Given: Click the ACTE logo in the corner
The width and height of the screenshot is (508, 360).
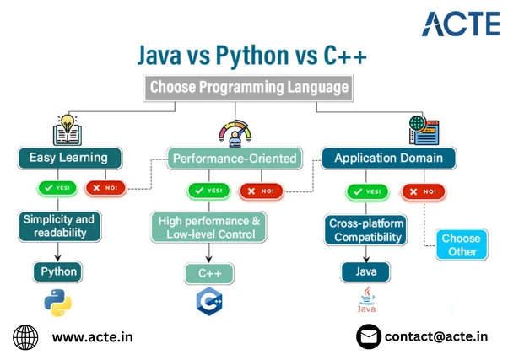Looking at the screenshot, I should click(460, 23).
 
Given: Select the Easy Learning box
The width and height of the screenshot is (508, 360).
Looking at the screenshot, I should click(71, 158).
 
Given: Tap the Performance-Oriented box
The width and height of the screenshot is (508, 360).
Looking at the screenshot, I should click(234, 158).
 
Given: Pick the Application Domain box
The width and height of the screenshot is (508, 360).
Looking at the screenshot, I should click(388, 158).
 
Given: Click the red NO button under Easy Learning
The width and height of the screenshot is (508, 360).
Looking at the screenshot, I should click(105, 187).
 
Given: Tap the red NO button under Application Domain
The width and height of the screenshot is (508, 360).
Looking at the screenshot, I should click(423, 191).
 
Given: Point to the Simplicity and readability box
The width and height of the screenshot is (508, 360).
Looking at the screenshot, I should click(58, 225).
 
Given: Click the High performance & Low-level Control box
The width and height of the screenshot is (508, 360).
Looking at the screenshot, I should click(209, 227).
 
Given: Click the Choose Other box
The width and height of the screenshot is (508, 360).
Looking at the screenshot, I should click(461, 244).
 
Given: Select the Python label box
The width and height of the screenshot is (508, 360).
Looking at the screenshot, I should click(59, 271).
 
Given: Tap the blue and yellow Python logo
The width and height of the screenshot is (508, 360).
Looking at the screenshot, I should click(58, 303).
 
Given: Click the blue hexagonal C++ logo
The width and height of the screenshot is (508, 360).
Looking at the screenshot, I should click(209, 301).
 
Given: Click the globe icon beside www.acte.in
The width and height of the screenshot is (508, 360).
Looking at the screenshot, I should click(25, 337).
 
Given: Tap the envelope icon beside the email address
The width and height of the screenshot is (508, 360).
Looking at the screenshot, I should click(368, 337).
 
